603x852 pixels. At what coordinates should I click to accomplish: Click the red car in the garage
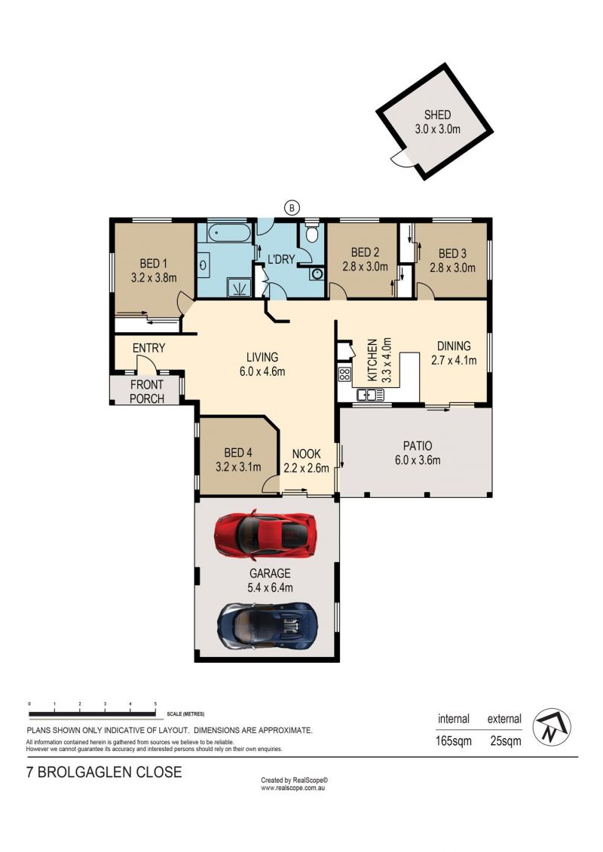[x=265, y=535]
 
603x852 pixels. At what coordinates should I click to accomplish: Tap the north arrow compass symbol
[x=551, y=727]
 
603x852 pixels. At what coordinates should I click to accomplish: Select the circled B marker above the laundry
[x=292, y=207]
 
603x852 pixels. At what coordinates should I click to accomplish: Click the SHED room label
[x=437, y=115]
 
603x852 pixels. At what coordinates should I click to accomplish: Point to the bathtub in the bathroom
[x=224, y=234]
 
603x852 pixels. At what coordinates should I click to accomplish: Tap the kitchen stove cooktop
[x=344, y=374]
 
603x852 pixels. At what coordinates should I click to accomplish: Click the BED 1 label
[x=153, y=264]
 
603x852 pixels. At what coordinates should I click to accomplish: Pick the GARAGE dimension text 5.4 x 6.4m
[x=270, y=588]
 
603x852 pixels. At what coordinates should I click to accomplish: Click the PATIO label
[x=418, y=445]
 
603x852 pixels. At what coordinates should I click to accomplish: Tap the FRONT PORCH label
[x=147, y=391]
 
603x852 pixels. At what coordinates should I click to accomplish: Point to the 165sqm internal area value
[x=454, y=741]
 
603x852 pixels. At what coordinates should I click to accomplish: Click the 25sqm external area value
[x=506, y=741]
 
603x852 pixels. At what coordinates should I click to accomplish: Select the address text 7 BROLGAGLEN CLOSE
[x=104, y=772]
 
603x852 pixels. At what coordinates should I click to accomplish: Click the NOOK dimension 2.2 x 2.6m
[x=306, y=468]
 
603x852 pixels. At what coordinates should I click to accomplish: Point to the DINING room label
[x=454, y=346]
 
